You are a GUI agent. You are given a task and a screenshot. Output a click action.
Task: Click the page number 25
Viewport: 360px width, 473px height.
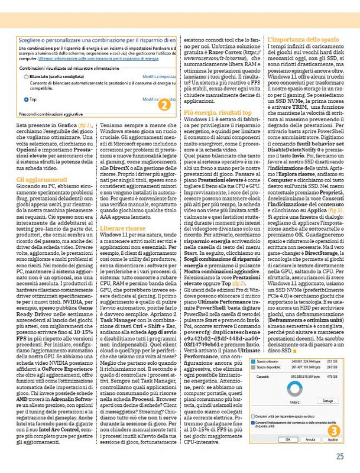(x=340, y=456)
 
